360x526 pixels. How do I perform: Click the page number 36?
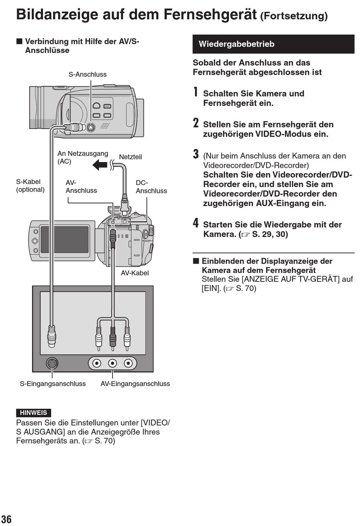(6, 519)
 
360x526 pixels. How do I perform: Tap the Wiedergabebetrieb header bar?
(273, 44)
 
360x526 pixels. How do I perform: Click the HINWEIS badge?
(33, 413)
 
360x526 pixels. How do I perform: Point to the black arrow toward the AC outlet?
(100, 165)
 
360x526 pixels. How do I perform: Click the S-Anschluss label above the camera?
(88, 74)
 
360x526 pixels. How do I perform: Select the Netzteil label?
(130, 157)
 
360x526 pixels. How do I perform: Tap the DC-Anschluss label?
(151, 187)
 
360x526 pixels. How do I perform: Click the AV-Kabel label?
(135, 273)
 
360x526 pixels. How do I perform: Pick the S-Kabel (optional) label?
(30, 185)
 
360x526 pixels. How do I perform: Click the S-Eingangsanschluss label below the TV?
(53, 383)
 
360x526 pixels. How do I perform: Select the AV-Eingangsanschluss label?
(135, 383)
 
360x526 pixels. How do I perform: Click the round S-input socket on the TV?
(52, 363)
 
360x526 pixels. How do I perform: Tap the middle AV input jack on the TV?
(113, 363)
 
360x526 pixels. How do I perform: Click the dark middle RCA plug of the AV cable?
(113, 336)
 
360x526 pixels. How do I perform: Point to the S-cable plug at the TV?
(52, 336)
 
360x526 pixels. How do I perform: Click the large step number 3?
(196, 154)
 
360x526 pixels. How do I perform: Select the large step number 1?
(196, 92)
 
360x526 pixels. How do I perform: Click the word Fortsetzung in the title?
(294, 16)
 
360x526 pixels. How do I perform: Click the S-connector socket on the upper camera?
(91, 127)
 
